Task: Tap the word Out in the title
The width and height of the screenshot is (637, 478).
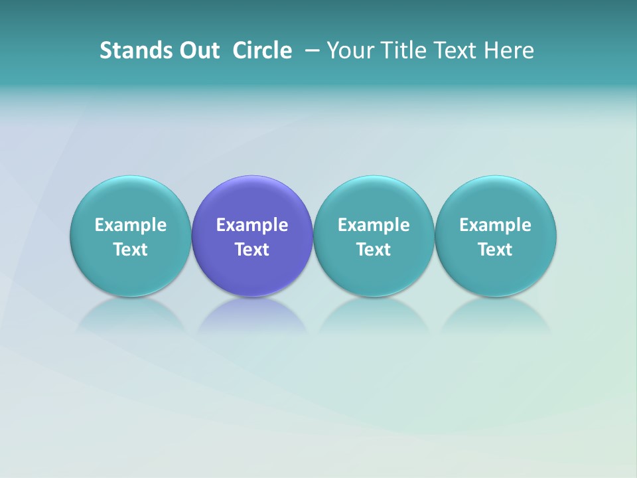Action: click(x=198, y=50)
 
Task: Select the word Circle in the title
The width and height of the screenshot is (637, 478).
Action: click(x=262, y=50)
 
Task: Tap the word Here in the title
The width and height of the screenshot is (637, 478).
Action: click(x=509, y=50)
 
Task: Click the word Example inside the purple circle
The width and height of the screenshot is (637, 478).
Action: click(x=252, y=225)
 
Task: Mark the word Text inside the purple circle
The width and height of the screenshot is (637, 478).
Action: click(x=252, y=250)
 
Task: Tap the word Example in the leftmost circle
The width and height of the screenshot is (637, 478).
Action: click(x=130, y=225)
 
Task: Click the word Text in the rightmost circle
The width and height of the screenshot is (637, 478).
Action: click(x=496, y=250)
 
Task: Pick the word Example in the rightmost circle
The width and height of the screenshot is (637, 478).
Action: click(x=496, y=225)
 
